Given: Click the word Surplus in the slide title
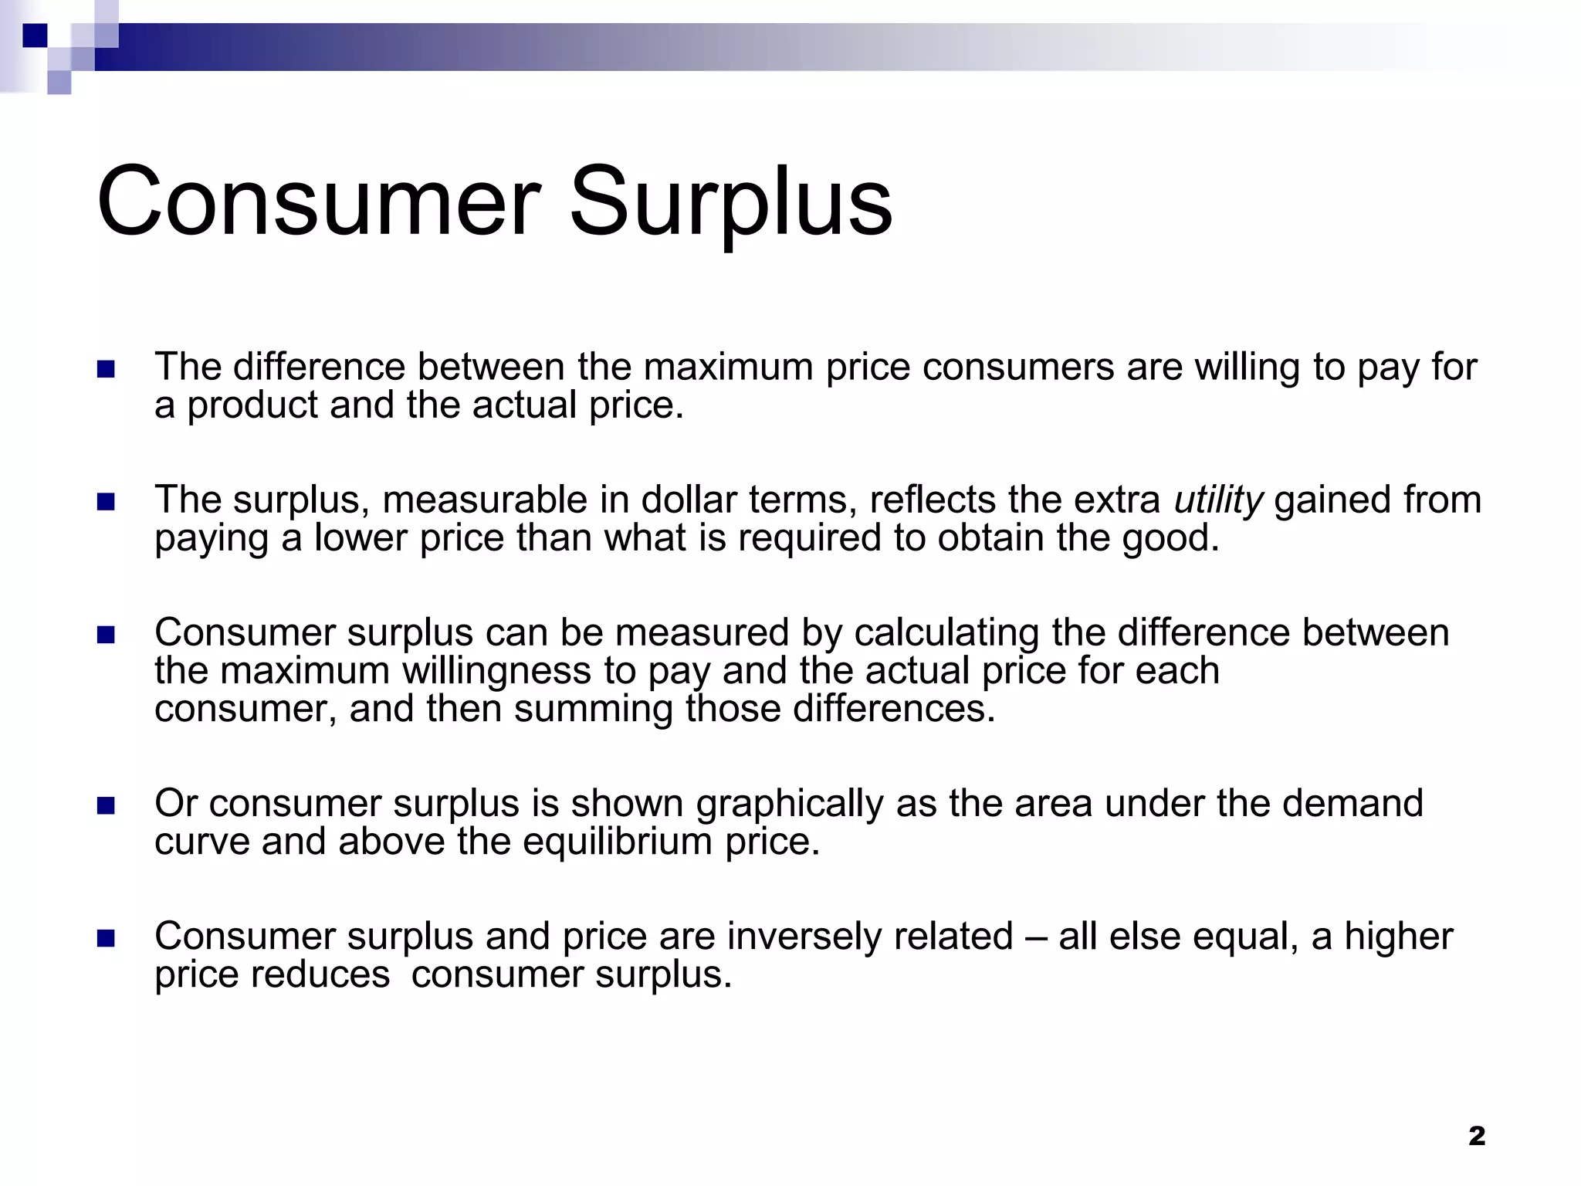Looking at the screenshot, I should click(x=730, y=202).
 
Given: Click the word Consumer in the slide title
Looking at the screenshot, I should click(x=318, y=202).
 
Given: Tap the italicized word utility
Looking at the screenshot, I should click(x=1218, y=500).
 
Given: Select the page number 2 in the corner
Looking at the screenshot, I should click(x=1477, y=1136).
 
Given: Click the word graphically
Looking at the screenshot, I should click(x=790, y=805).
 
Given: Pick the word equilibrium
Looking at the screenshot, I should click(x=617, y=842).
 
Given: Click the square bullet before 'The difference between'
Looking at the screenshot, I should click(x=106, y=369).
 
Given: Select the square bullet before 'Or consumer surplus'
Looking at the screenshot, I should click(x=106, y=806).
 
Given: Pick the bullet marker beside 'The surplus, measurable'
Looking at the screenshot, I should click(x=106, y=503).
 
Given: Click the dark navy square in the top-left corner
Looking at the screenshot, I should click(x=35, y=36).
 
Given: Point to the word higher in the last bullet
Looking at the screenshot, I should click(x=1398, y=937).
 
